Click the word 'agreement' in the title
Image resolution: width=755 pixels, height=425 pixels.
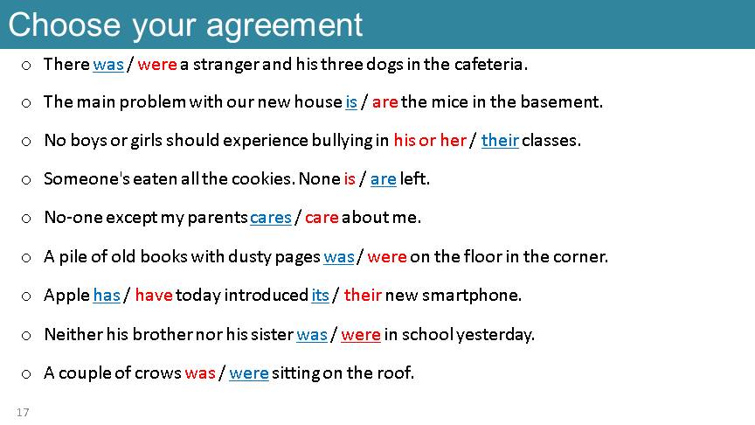284,26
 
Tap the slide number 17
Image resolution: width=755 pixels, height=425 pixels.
23,413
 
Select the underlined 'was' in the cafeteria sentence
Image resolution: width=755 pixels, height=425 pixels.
108,64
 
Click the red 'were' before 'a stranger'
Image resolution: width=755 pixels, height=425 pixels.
157,64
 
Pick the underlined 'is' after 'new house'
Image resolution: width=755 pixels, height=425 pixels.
351,102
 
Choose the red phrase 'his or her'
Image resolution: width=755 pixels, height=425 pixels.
430,140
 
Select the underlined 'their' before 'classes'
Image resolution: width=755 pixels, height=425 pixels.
500,140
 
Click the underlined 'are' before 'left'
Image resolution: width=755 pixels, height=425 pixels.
384,179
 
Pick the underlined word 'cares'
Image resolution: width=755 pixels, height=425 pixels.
271,218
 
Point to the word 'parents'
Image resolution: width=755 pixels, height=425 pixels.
218,219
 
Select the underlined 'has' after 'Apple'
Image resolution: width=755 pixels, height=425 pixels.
107,295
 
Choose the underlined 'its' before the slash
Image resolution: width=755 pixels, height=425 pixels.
320,295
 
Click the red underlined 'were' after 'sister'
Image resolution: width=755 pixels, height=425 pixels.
361,334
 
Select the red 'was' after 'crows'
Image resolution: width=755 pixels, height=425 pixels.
200,373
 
